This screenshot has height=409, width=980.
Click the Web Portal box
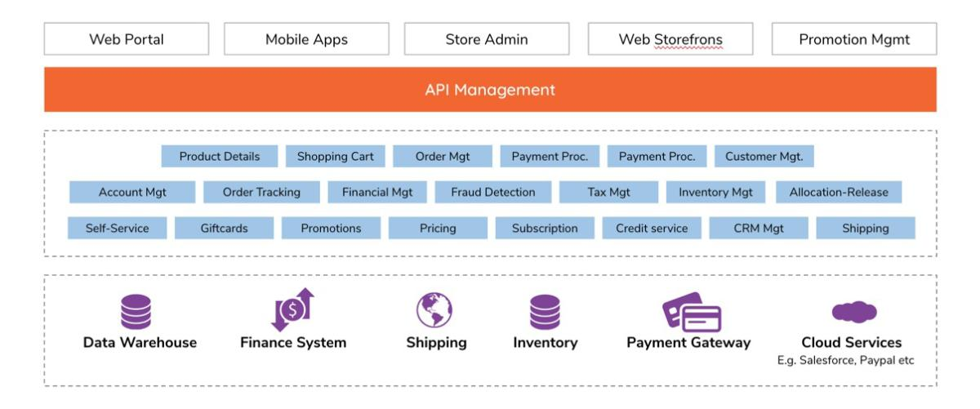127,39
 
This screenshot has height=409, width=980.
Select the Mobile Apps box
306,39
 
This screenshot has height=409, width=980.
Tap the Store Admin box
487,39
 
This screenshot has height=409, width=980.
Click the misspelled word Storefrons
688,39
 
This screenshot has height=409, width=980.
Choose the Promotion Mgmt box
854,39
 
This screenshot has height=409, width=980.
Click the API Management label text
490,90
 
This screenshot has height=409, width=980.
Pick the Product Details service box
219,156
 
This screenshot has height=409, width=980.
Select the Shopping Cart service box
335,156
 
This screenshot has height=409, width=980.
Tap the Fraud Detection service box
493,192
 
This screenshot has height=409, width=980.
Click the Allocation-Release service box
839,192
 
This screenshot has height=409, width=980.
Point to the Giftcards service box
224,228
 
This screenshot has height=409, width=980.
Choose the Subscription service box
545,228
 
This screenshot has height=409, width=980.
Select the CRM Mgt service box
759,228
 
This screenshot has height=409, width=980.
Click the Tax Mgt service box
608,192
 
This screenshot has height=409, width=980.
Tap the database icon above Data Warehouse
136,312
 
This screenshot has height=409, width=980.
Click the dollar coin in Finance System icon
292,309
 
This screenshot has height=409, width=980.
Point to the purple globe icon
434,310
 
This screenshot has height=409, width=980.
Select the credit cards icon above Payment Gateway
692,313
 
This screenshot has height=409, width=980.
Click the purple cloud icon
854,312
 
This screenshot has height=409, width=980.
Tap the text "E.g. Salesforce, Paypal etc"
845,361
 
